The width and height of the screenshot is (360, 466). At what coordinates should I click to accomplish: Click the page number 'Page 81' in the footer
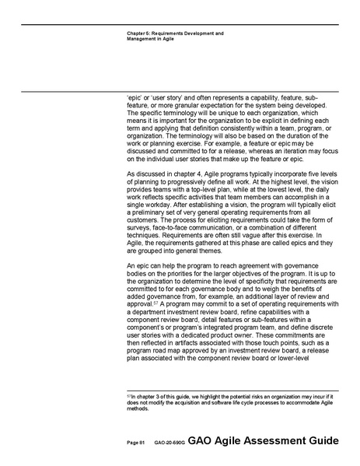coord(136,443)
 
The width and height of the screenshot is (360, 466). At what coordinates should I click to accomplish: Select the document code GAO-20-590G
coord(169,443)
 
